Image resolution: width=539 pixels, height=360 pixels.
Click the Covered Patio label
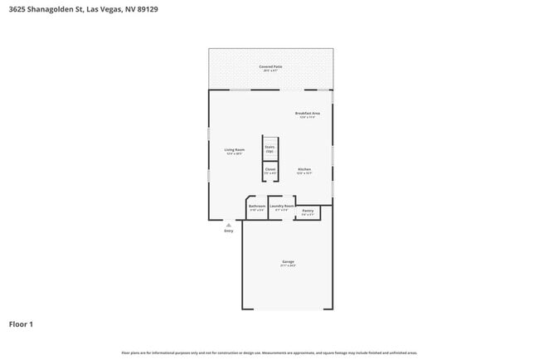(x=270, y=66)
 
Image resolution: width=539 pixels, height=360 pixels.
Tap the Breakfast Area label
(x=307, y=113)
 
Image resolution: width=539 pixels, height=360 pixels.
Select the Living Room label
(x=235, y=149)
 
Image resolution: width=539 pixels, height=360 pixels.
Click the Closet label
(x=270, y=168)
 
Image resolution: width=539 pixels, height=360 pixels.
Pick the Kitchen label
(x=304, y=168)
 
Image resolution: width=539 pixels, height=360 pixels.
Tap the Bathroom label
(x=257, y=206)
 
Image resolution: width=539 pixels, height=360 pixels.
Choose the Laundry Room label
(x=282, y=206)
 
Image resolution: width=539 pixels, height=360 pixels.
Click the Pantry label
(x=308, y=211)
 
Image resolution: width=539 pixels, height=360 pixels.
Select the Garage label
(x=287, y=261)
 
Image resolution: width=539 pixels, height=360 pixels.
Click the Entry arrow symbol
(x=229, y=223)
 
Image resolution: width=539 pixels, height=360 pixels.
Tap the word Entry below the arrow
(x=229, y=231)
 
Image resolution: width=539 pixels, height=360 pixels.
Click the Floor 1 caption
(x=21, y=324)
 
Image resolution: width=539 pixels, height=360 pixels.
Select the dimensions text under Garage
(x=287, y=265)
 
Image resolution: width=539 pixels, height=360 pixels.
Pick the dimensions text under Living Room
(x=235, y=153)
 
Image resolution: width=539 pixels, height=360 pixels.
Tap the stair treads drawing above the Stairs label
(x=270, y=139)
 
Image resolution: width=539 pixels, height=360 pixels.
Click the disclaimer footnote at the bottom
(x=269, y=353)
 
